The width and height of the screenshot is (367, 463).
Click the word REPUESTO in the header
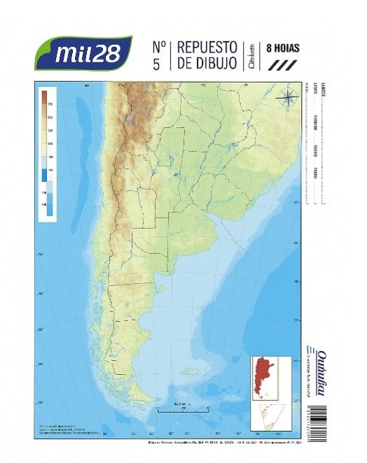[x=208, y=48]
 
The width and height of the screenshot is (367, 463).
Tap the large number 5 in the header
[x=158, y=65]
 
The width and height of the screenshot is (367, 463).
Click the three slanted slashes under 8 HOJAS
[x=279, y=64]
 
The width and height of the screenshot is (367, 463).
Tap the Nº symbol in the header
[x=158, y=48]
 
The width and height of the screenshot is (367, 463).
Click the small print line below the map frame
[x=210, y=443]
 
